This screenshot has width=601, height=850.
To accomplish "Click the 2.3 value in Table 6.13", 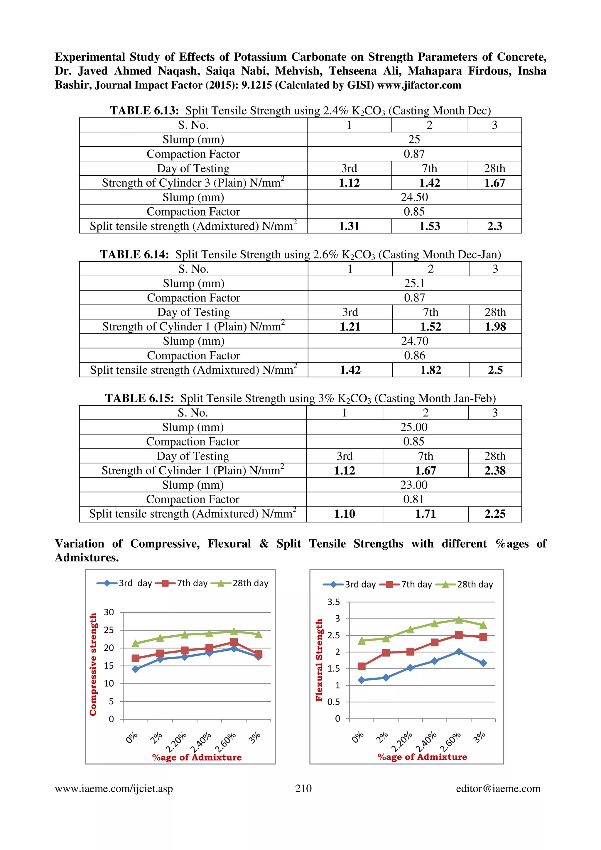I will click(494, 226).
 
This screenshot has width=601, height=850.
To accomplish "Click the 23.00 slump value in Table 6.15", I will click(413, 485).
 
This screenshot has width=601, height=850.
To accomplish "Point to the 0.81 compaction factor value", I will click(413, 499).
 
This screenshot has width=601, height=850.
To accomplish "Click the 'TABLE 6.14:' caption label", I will click(134, 255).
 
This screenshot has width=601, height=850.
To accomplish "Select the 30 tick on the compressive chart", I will click(109, 612).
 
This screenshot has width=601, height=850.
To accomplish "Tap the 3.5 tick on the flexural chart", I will click(333, 602).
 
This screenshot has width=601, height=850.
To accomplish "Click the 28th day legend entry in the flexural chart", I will click(464, 585).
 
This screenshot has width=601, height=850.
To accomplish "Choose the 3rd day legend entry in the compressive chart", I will click(124, 583).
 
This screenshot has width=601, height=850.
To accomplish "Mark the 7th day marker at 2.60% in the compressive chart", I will click(234, 642).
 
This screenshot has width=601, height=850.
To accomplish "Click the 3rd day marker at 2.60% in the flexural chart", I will click(459, 651).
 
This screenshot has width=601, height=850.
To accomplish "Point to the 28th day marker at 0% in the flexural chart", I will click(362, 641).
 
